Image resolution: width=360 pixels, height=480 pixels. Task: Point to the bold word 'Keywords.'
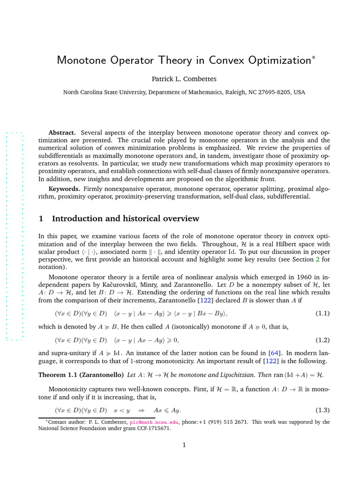pyautogui.click(x=65, y=188)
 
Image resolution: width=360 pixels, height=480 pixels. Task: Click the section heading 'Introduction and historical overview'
pyautogui.click(x=125, y=219)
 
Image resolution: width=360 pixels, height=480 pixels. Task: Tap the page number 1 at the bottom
pyautogui.click(x=184, y=445)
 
